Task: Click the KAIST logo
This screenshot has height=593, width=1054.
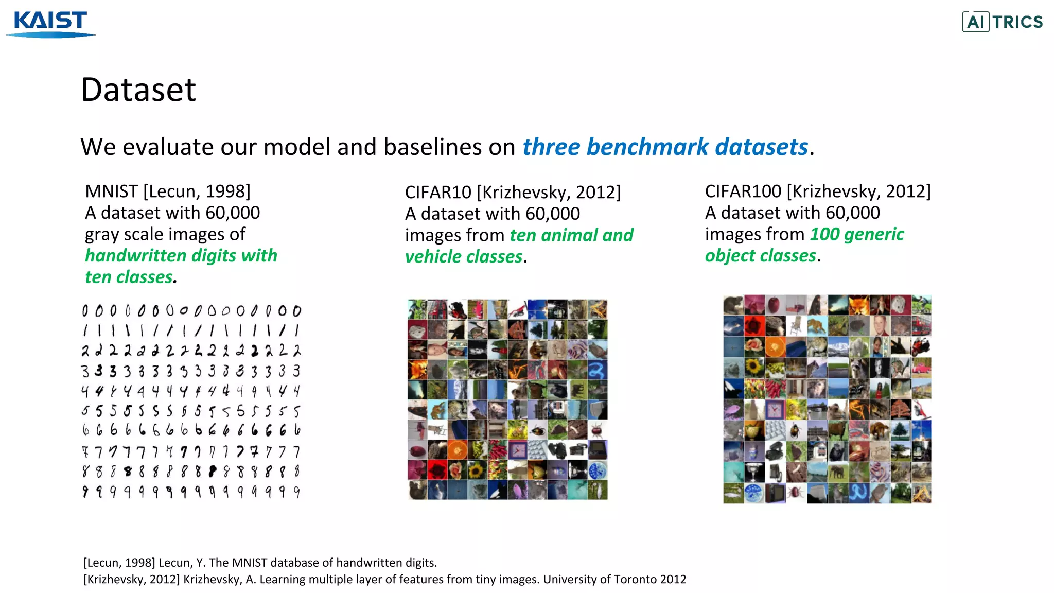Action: point(50,24)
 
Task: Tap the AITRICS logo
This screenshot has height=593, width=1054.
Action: point(1002,22)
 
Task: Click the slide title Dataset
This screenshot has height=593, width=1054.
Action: point(138,90)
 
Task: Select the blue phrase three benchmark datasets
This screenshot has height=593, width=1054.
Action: point(665,147)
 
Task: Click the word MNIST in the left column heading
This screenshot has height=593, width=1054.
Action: point(111,191)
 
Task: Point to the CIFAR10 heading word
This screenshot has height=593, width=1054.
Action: point(438,193)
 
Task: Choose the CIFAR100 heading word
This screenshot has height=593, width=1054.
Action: point(743,191)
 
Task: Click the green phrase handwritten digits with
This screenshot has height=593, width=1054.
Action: point(181,256)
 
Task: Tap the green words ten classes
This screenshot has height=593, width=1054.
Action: point(129,277)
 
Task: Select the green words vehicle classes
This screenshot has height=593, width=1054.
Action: point(464,257)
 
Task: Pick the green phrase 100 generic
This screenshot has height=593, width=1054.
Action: point(856,234)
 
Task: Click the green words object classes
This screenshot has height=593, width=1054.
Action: point(760,256)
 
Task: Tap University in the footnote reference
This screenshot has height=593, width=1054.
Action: point(569,580)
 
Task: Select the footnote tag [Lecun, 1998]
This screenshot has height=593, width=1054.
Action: point(119,563)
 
